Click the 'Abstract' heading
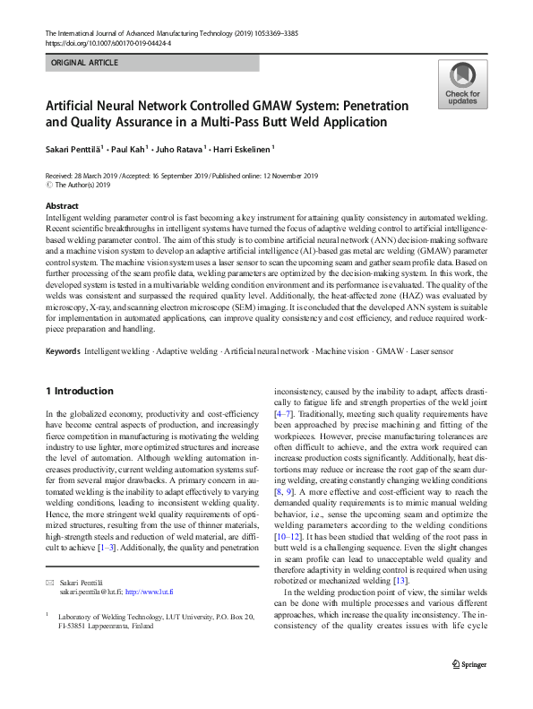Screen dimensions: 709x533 click(62, 206)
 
